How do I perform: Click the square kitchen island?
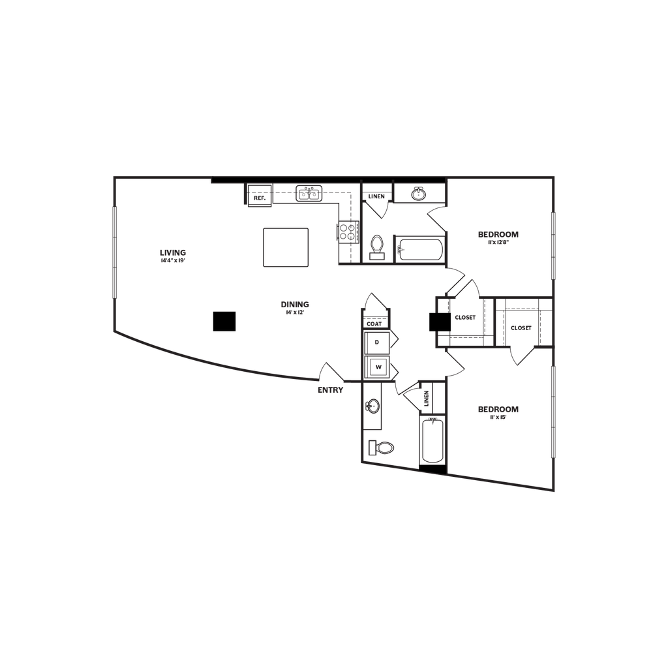[x=286, y=247]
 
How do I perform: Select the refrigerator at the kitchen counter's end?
[x=345, y=231]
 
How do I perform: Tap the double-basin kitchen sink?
[x=309, y=193]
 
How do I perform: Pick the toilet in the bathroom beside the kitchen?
[x=376, y=247]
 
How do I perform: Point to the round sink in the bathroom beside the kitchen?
[x=419, y=193]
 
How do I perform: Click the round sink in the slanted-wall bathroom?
[x=373, y=406]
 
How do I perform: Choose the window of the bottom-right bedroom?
[x=554, y=411]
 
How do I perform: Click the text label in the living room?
[x=174, y=255]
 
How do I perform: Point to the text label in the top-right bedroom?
[x=498, y=237]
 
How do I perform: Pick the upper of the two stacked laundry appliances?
[x=377, y=342]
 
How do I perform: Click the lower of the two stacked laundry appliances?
[x=377, y=367]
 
